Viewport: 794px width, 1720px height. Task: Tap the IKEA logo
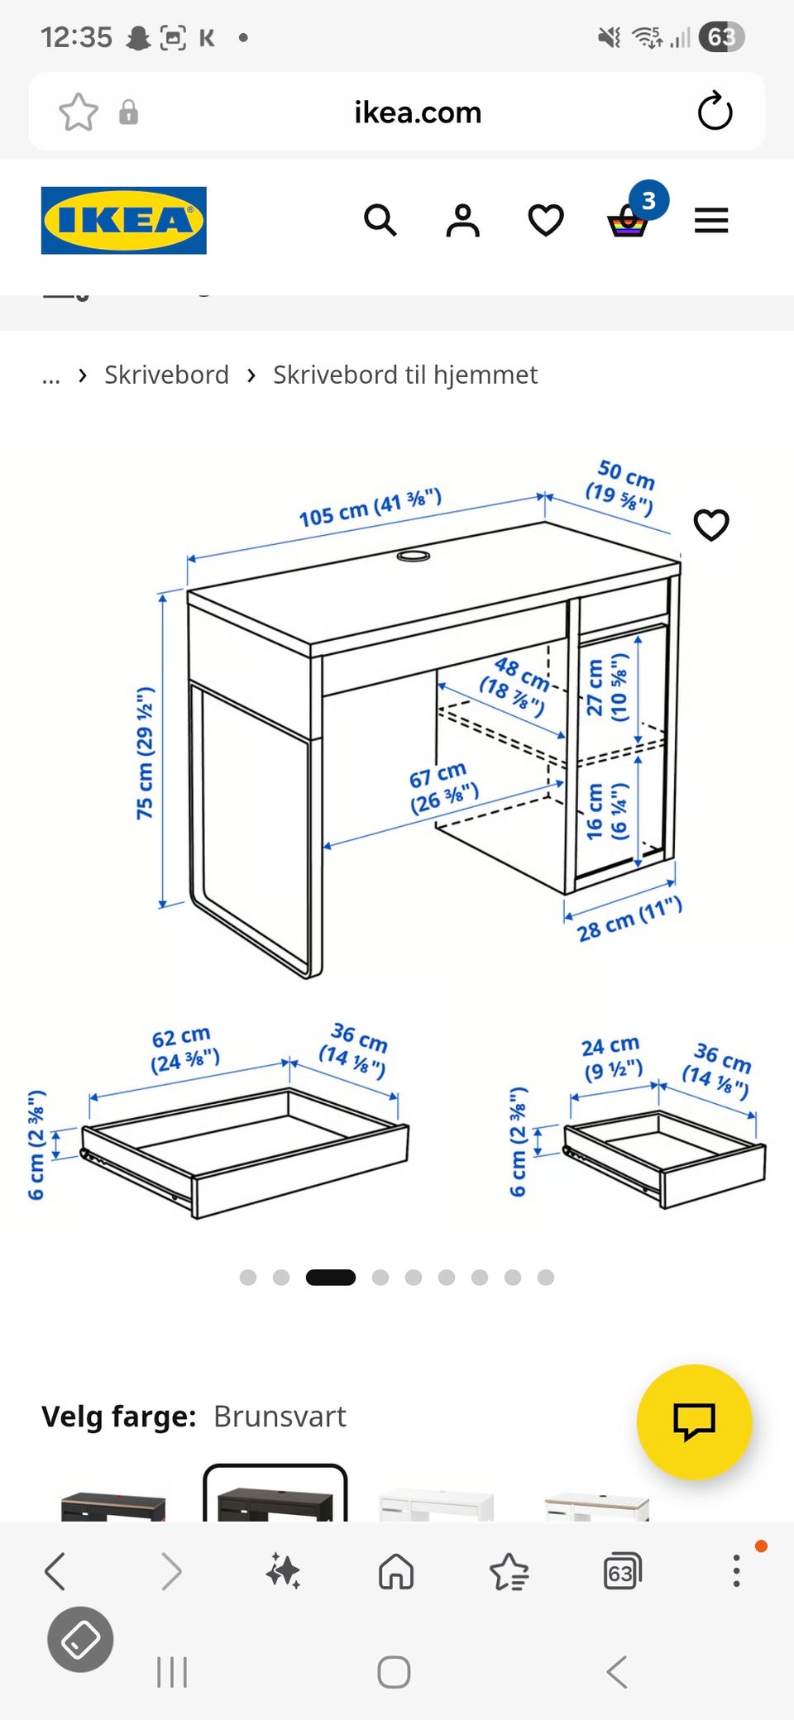coord(124,220)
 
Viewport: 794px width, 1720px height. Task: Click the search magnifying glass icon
coord(380,220)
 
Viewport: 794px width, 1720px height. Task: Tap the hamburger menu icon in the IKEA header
coord(711,220)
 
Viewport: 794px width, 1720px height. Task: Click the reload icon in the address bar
coord(715,111)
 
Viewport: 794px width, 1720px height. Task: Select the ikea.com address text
coord(418,112)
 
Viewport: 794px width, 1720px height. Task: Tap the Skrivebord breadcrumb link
coord(166,375)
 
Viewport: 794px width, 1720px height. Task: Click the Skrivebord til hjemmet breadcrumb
coord(405,375)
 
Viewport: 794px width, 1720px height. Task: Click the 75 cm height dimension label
coord(145,752)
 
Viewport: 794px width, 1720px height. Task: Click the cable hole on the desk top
coord(414,555)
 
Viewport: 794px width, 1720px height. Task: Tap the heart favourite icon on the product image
coord(711,524)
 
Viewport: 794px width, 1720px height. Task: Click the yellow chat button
coord(695,1421)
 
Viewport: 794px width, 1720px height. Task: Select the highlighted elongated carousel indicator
coord(331,1278)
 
